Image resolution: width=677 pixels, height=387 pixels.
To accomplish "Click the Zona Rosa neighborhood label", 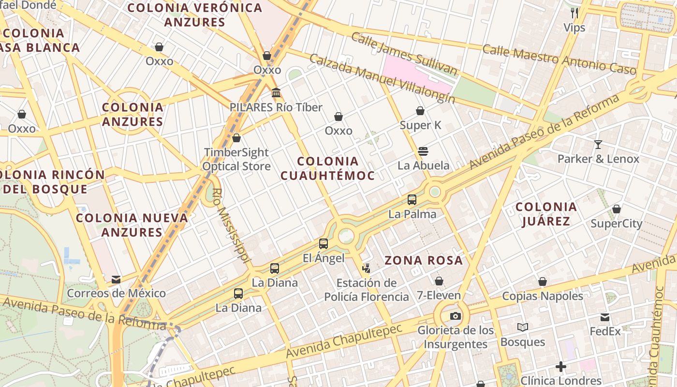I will point(424,261).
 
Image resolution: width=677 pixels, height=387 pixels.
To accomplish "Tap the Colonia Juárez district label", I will point(546,214).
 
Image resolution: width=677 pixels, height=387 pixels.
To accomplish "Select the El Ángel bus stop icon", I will point(324,244).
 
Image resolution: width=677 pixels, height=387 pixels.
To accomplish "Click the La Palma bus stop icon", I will point(412,200).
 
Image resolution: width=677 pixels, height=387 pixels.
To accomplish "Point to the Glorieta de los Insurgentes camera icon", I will point(455,316).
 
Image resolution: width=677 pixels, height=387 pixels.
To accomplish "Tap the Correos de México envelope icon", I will point(116,280).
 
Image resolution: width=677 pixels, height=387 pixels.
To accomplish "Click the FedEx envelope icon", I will point(605,317).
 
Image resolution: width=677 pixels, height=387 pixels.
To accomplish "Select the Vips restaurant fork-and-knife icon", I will point(574,13).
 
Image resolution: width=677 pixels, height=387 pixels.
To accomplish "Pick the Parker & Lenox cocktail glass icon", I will point(598,145).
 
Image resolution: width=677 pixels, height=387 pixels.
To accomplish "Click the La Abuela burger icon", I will point(423,151).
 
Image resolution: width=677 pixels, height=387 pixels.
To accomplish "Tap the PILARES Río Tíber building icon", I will point(276,93).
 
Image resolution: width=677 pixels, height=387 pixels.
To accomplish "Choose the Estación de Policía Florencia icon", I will point(367,268).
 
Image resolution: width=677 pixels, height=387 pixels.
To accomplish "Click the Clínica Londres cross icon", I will point(561,367).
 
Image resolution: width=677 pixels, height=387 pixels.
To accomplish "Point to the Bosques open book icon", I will point(522,327).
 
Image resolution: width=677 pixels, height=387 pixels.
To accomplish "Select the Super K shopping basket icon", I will point(420,111).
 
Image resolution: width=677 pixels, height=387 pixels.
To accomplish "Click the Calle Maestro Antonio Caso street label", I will point(559,59).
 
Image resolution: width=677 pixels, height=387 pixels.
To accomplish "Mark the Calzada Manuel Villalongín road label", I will point(382,78).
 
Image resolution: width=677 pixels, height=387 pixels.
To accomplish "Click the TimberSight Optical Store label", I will point(236,159).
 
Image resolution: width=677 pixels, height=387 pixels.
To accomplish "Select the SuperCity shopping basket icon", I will point(617,209).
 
